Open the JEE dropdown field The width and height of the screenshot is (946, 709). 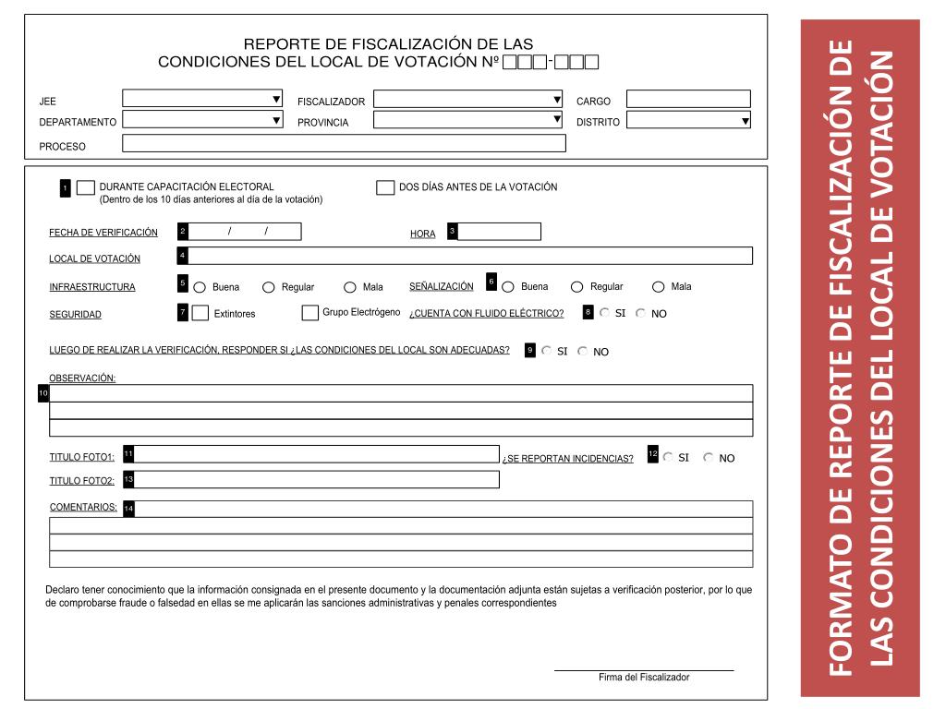[x=202, y=99]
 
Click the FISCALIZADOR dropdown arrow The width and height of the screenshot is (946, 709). [x=556, y=99]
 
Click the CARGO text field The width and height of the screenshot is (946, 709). [x=688, y=99]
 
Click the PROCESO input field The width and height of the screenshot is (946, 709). [x=344, y=143]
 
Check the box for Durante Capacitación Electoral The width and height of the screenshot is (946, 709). [x=85, y=187]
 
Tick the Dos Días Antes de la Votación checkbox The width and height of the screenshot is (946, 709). [x=385, y=187]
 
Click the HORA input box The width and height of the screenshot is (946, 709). [x=499, y=232]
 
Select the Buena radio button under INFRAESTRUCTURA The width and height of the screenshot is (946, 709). [x=200, y=287]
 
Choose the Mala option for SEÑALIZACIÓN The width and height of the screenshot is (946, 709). [x=659, y=286]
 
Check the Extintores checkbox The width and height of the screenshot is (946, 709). [x=200, y=313]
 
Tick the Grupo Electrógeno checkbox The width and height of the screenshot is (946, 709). [x=310, y=313]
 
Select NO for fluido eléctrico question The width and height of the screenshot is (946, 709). [x=641, y=313]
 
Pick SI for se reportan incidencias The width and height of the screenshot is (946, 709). [x=668, y=457]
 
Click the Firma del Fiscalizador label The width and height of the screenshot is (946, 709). [x=644, y=678]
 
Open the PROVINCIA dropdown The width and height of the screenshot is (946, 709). [x=467, y=120]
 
